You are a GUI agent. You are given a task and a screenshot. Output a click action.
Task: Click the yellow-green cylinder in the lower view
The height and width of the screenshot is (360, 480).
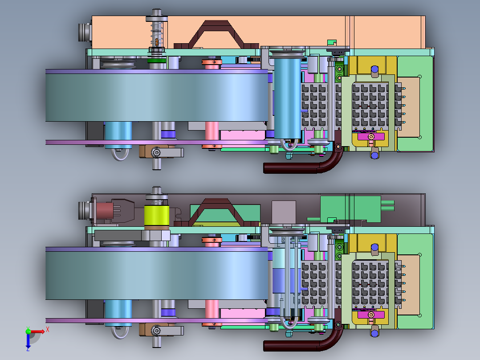(156, 216)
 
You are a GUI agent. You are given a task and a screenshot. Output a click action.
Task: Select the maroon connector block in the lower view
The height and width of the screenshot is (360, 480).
(104, 210)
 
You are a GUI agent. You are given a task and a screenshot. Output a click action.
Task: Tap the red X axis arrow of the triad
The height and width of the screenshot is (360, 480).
(37, 331)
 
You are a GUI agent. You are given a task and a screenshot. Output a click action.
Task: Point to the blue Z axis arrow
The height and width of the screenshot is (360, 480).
(28, 340)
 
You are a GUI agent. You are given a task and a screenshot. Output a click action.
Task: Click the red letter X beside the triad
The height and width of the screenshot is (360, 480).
(48, 330)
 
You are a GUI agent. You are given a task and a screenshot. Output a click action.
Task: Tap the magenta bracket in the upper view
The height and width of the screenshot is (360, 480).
(371, 136)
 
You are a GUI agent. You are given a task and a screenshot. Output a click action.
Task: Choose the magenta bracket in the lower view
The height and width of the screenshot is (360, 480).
(371, 315)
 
